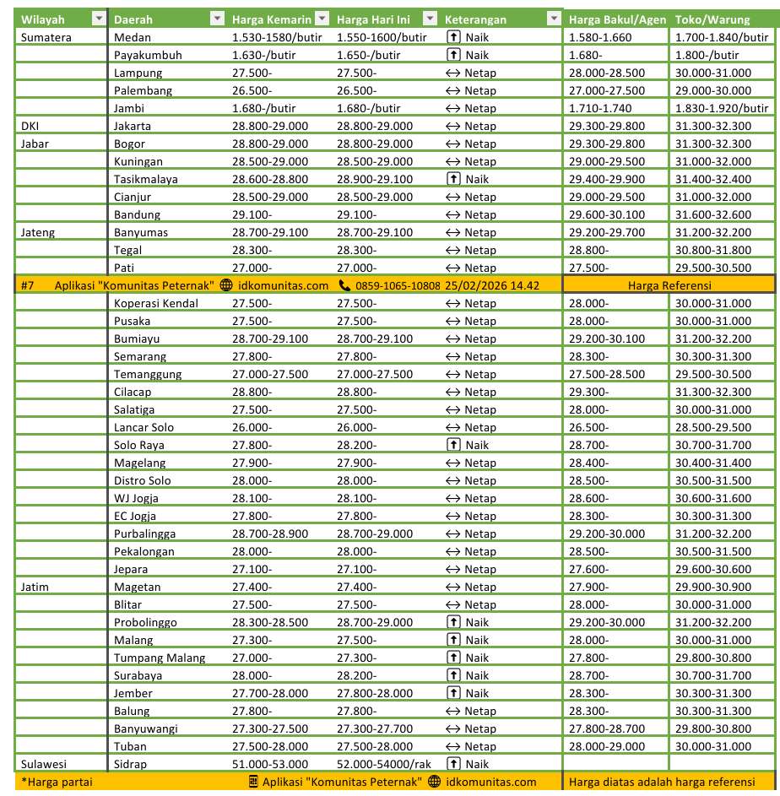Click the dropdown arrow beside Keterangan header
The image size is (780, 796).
pyautogui.click(x=554, y=19)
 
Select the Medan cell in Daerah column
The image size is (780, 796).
pyautogui.click(x=133, y=37)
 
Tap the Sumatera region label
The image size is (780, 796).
pyautogui.click(x=46, y=37)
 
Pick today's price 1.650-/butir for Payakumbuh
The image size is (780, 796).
pyautogui.click(x=369, y=55)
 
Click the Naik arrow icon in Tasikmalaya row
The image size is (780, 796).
pyautogui.click(x=452, y=179)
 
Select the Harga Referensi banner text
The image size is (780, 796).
pyautogui.click(x=669, y=285)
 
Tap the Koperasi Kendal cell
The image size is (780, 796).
pyautogui.click(x=156, y=303)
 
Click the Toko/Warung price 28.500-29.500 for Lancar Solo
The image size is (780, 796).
pyautogui.click(x=713, y=427)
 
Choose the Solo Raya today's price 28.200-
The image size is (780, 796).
pyautogui.click(x=356, y=445)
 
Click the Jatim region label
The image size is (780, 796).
pyautogui.click(x=35, y=587)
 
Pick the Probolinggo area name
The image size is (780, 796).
pyautogui.click(x=145, y=622)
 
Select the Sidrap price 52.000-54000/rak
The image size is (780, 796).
pyautogui.click(x=383, y=764)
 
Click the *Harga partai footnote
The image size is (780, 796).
pyautogui.click(x=57, y=782)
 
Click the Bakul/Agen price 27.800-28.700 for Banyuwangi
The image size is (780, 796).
pyautogui.click(x=607, y=728)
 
